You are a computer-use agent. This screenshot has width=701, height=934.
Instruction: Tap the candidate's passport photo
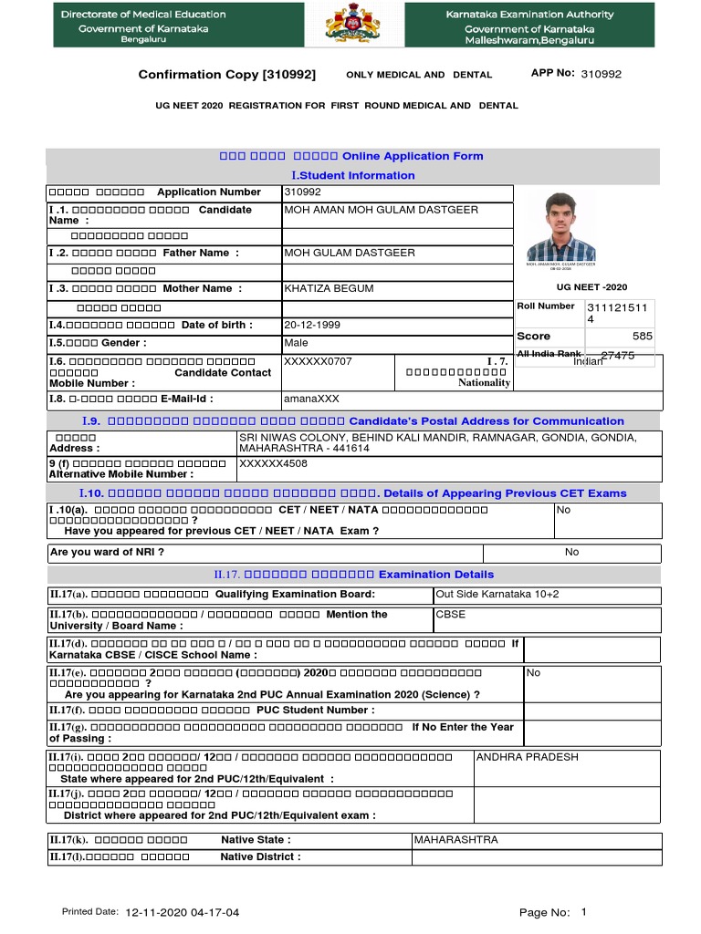coord(560,224)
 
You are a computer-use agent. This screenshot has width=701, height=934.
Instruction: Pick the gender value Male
coord(296,344)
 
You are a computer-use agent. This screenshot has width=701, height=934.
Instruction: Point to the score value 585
coord(642,337)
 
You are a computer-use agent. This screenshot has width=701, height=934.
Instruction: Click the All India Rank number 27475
coord(617,356)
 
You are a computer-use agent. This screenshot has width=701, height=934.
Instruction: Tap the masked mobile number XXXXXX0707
coord(318,362)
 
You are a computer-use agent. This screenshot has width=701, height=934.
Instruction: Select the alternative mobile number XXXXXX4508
coord(272,463)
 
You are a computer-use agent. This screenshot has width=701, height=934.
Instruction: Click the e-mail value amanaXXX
coord(309,400)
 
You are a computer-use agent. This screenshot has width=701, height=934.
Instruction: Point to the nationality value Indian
coord(588,361)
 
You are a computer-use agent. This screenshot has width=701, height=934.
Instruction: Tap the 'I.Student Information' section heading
coord(352,175)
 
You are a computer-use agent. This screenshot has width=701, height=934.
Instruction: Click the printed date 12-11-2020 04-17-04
coord(183,912)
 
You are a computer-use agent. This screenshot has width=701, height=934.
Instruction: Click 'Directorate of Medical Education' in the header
coord(143,15)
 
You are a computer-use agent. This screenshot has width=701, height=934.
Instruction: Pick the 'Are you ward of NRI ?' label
coord(107,553)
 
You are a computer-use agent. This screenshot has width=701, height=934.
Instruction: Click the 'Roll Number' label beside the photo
coord(546,306)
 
